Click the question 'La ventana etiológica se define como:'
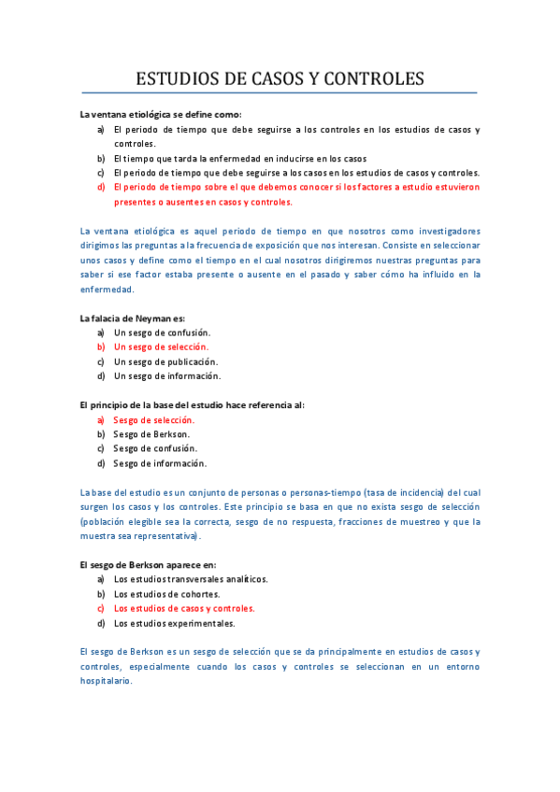pyautogui.click(x=161, y=114)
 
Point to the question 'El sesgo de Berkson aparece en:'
pyautogui.click(x=148, y=564)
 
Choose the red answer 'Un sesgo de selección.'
pyautogui.click(x=161, y=346)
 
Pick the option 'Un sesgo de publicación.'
pyautogui.click(x=165, y=361)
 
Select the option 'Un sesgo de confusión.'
pyautogui.click(x=162, y=332)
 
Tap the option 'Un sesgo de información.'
pyautogui.click(x=167, y=375)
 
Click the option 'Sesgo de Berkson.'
pyautogui.click(x=151, y=434)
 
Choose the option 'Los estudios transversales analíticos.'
pyautogui.click(x=191, y=579)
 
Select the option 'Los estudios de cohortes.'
pyautogui.click(x=166, y=594)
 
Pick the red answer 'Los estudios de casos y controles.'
pyautogui.click(x=183, y=608)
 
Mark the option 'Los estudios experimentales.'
pyautogui.click(x=174, y=623)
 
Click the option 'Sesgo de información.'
pyautogui.click(x=159, y=463)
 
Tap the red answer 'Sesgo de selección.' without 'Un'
pyautogui.click(x=153, y=420)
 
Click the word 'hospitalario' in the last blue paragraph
pyautogui.click(x=107, y=681)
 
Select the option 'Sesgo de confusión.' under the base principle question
pyautogui.click(x=155, y=448)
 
